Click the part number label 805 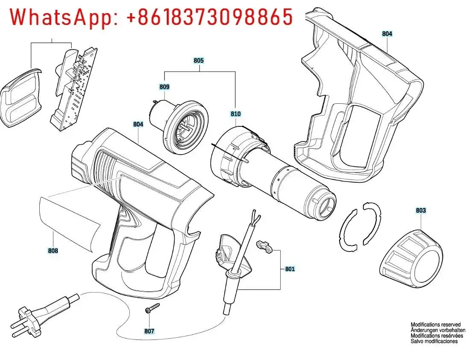199,61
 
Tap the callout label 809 164,87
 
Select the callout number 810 236,114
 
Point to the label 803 421,210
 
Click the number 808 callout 53,251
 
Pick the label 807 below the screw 149,331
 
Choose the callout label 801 290,269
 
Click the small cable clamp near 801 264,247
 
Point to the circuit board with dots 74,89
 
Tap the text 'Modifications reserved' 436,325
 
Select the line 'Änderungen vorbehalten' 438,330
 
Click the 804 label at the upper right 387,34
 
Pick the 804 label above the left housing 138,124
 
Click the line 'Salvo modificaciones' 434,341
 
